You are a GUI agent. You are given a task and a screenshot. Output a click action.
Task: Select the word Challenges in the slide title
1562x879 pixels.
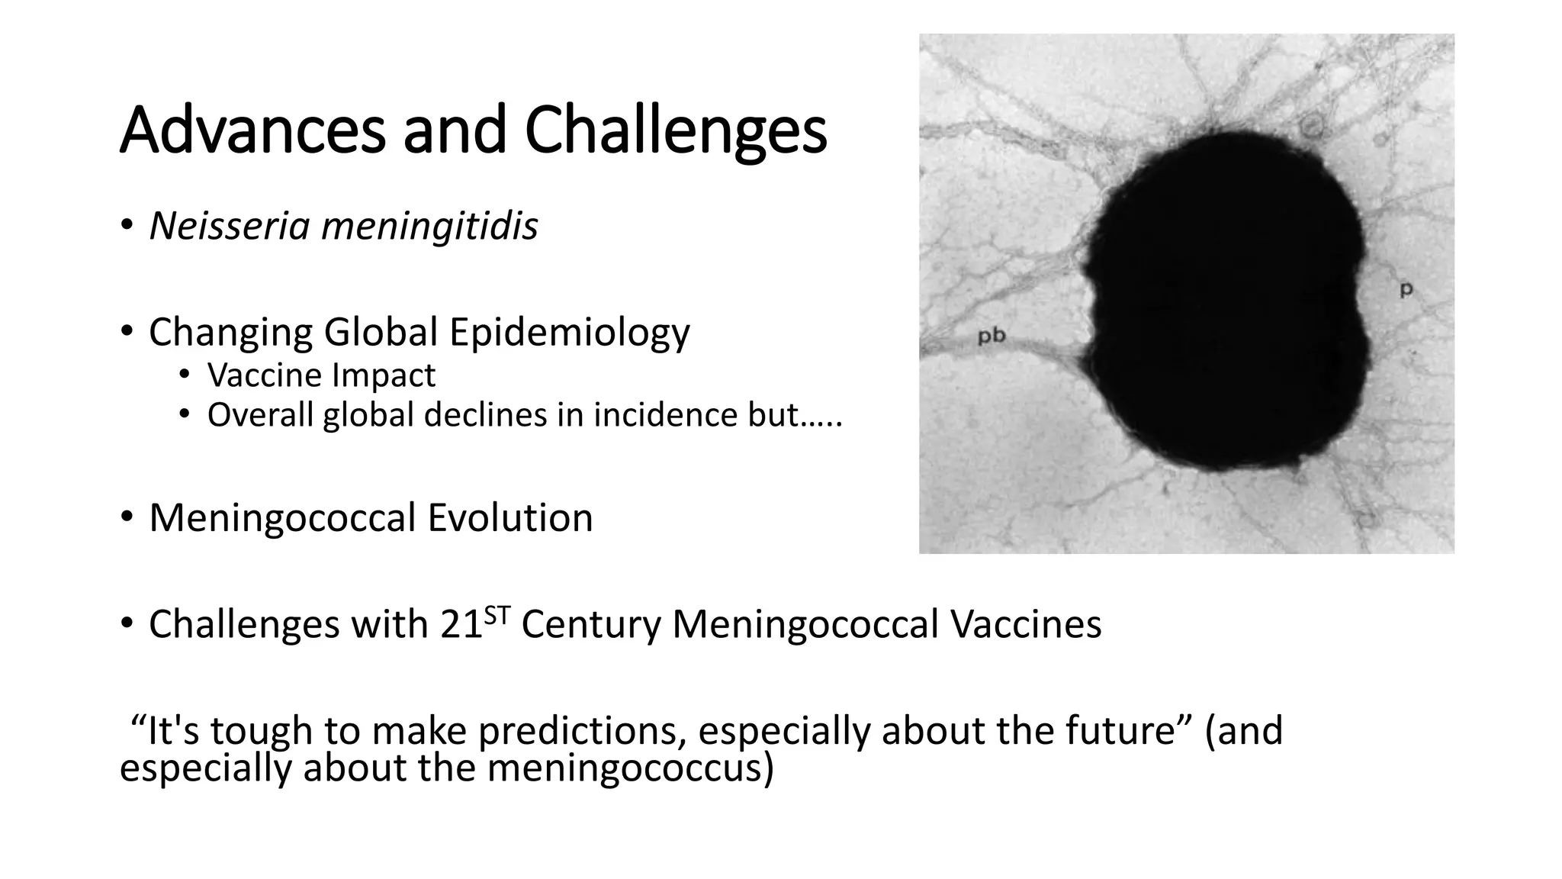click(676, 131)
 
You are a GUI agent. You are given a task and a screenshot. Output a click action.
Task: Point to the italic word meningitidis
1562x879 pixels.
click(429, 227)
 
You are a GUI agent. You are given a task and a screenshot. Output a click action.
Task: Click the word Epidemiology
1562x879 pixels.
click(569, 333)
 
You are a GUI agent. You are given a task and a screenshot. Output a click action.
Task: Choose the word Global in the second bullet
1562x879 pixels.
click(381, 332)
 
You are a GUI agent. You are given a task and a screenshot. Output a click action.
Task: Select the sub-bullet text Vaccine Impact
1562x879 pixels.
click(321, 375)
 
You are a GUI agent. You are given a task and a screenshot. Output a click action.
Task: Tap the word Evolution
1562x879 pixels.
click(509, 517)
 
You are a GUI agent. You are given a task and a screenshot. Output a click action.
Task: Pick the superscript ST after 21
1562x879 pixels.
click(497, 614)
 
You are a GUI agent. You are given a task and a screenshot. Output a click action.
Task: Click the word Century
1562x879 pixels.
click(590, 624)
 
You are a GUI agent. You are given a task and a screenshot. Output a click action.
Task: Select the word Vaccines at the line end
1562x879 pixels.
click(1025, 624)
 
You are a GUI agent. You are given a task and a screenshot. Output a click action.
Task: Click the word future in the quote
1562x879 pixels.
click(1119, 730)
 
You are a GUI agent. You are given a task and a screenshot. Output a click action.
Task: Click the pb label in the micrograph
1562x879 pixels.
click(992, 335)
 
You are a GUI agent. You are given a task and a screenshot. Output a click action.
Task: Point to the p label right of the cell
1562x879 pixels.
click(1406, 289)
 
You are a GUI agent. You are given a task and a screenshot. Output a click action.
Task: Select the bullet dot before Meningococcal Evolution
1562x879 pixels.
click(126, 517)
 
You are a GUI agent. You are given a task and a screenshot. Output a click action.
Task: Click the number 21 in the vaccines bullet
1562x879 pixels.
click(461, 624)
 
